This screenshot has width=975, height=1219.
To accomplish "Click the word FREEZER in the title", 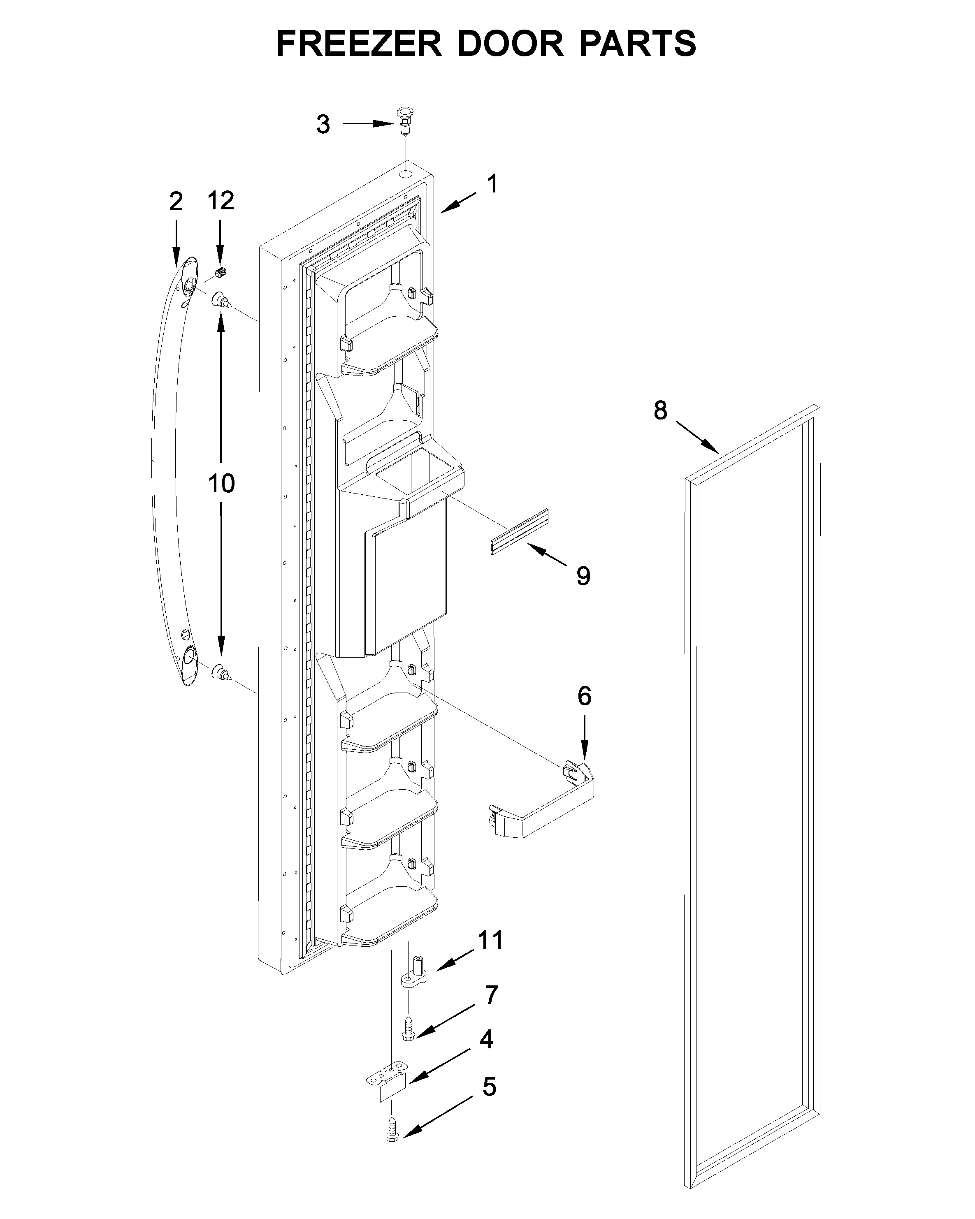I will click(x=359, y=44).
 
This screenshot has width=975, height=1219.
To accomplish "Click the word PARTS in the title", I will click(x=637, y=44).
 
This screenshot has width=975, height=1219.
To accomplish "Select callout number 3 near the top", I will click(x=323, y=124).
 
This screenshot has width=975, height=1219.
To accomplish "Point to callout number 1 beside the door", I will click(x=492, y=184).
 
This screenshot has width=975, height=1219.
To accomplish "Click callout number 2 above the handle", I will click(x=176, y=202).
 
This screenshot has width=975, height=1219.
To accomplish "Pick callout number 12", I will click(x=221, y=201).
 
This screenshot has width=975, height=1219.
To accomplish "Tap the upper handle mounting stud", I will click(x=221, y=300).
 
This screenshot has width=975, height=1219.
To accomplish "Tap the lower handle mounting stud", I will click(x=221, y=673).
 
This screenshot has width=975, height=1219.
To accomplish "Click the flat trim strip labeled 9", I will click(x=519, y=532).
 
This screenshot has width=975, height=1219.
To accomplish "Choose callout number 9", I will click(x=583, y=576).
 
